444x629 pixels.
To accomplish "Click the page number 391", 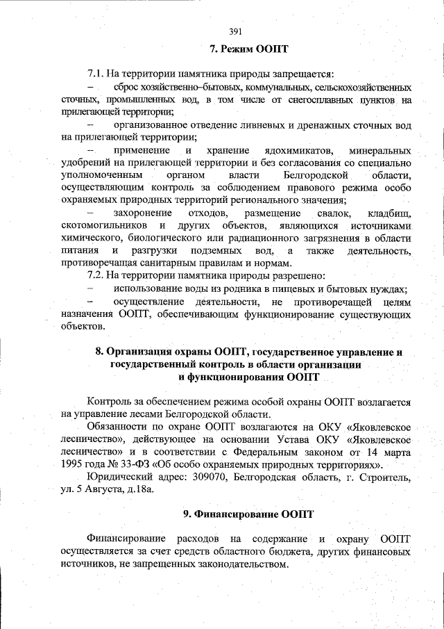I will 234,31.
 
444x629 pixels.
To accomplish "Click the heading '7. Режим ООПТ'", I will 248,49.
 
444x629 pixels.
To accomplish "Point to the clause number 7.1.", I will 96,74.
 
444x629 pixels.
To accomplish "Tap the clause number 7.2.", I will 96,275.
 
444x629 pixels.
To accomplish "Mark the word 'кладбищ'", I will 389,213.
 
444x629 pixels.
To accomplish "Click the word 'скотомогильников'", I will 104,225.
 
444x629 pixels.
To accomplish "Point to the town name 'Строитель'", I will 386,477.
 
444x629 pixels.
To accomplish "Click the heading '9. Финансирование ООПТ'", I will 248,514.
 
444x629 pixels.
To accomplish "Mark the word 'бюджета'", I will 291,553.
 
